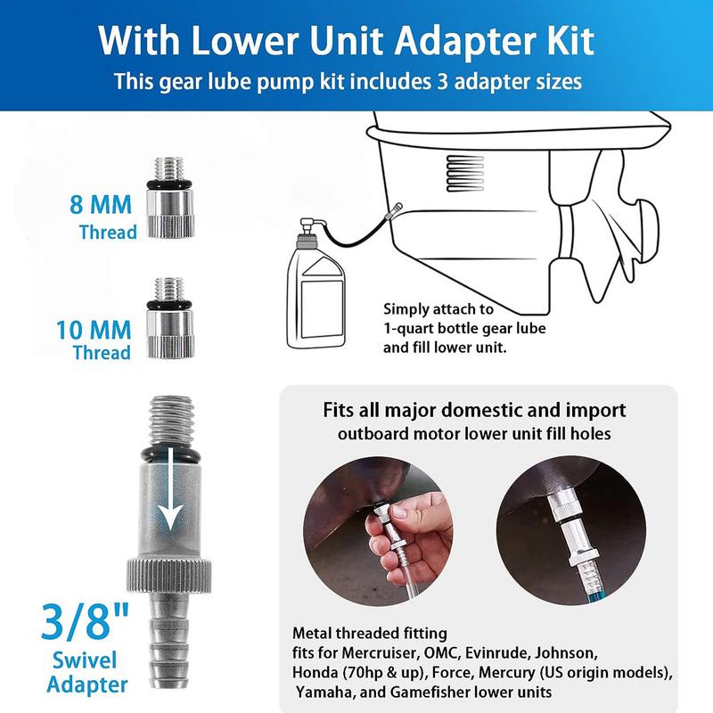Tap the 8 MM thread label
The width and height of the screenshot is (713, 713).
click(102, 217)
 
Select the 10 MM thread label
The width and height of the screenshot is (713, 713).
click(94, 340)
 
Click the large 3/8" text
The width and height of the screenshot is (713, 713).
click(85, 620)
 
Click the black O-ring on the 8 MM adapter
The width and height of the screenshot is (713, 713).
click(169, 184)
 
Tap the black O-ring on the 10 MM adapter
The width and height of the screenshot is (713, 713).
click(169, 305)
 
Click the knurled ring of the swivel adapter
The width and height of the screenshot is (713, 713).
click(168, 575)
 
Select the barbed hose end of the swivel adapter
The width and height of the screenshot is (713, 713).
click(168, 639)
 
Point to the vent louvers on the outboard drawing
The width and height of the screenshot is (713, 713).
click(464, 174)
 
